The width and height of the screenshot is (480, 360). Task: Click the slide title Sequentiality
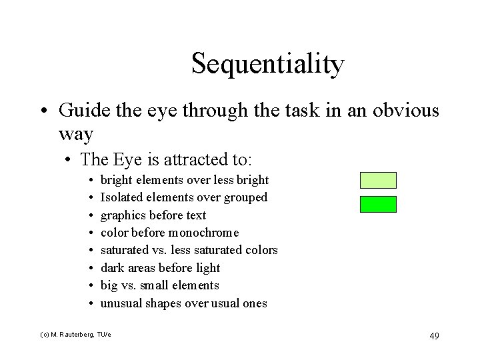(267, 65)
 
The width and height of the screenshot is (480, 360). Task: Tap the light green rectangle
(378, 180)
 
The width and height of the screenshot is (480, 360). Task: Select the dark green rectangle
(378, 204)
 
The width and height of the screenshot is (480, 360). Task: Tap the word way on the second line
(75, 133)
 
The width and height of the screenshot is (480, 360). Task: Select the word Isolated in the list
(121, 197)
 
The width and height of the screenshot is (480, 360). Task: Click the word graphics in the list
(123, 215)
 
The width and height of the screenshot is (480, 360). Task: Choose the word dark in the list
(111, 268)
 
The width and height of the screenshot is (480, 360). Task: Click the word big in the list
(109, 285)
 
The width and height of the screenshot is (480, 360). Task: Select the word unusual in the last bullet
(120, 303)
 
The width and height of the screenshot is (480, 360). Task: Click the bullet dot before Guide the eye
(43, 111)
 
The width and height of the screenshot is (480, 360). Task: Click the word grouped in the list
(245, 197)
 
